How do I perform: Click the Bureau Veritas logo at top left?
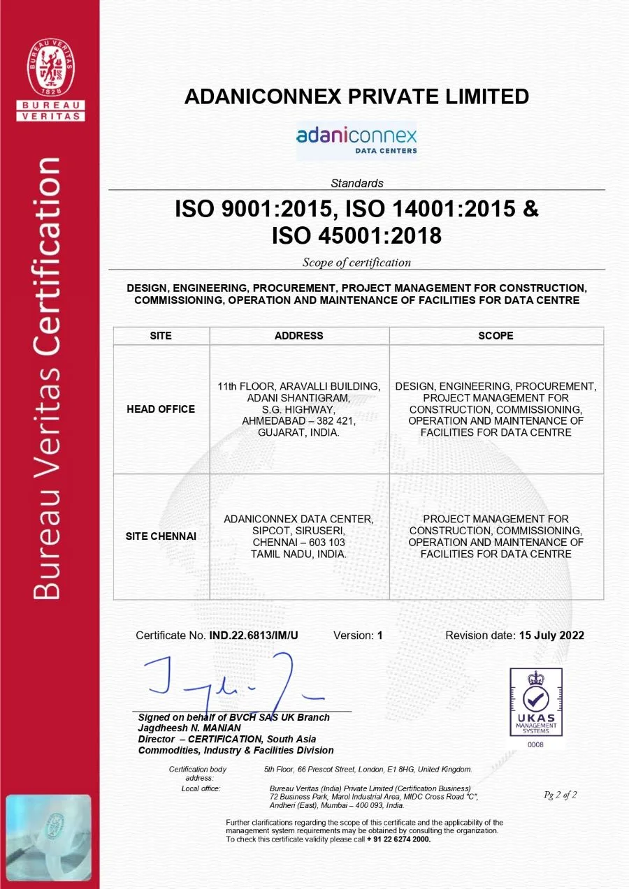click(x=50, y=80)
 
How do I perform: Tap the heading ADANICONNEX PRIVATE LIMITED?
click(x=356, y=96)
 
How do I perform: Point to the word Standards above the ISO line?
click(x=356, y=184)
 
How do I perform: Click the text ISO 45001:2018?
click(x=356, y=236)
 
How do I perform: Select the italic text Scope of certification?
click(x=356, y=263)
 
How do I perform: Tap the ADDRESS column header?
click(x=299, y=336)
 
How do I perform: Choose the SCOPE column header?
click(x=496, y=336)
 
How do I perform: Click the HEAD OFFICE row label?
click(x=161, y=409)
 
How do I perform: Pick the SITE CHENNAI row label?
click(x=161, y=536)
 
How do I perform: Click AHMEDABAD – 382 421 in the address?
click(x=299, y=421)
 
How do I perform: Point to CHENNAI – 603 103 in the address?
click(x=299, y=543)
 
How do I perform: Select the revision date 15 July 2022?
click(x=551, y=635)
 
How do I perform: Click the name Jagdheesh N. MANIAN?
click(x=189, y=728)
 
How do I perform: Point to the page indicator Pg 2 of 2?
click(x=560, y=795)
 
